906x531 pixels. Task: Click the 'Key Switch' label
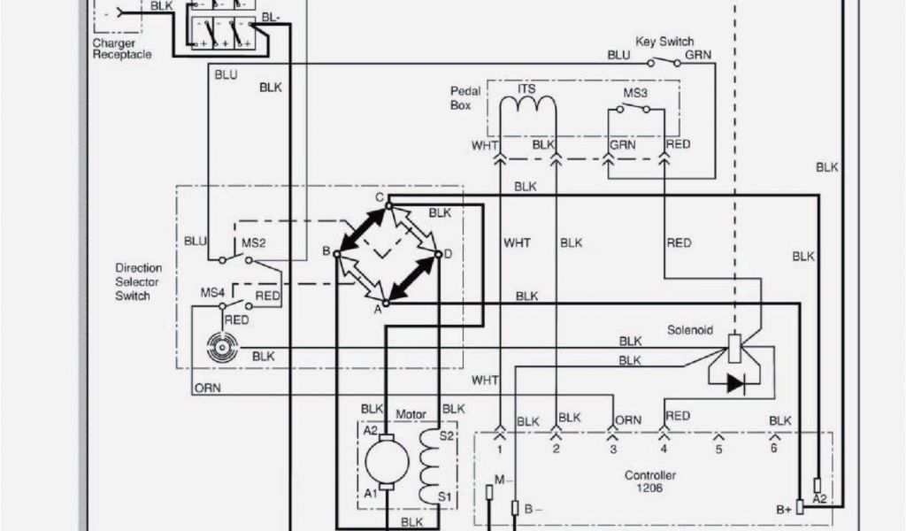(664, 42)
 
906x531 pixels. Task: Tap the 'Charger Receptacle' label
(122, 49)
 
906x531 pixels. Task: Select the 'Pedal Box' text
(465, 98)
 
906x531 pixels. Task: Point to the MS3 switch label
(635, 92)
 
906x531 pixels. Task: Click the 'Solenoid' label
(690, 329)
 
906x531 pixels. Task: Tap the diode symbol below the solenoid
(736, 383)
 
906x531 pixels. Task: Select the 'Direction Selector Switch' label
(139, 281)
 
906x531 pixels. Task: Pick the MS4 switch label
(212, 292)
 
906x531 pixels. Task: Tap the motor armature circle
(387, 461)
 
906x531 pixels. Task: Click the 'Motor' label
(411, 413)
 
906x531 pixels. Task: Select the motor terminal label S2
(447, 435)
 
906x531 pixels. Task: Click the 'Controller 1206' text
(650, 481)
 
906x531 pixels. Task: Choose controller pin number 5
(718, 450)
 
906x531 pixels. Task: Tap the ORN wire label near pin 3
(628, 420)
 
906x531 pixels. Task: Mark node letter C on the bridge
(379, 197)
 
